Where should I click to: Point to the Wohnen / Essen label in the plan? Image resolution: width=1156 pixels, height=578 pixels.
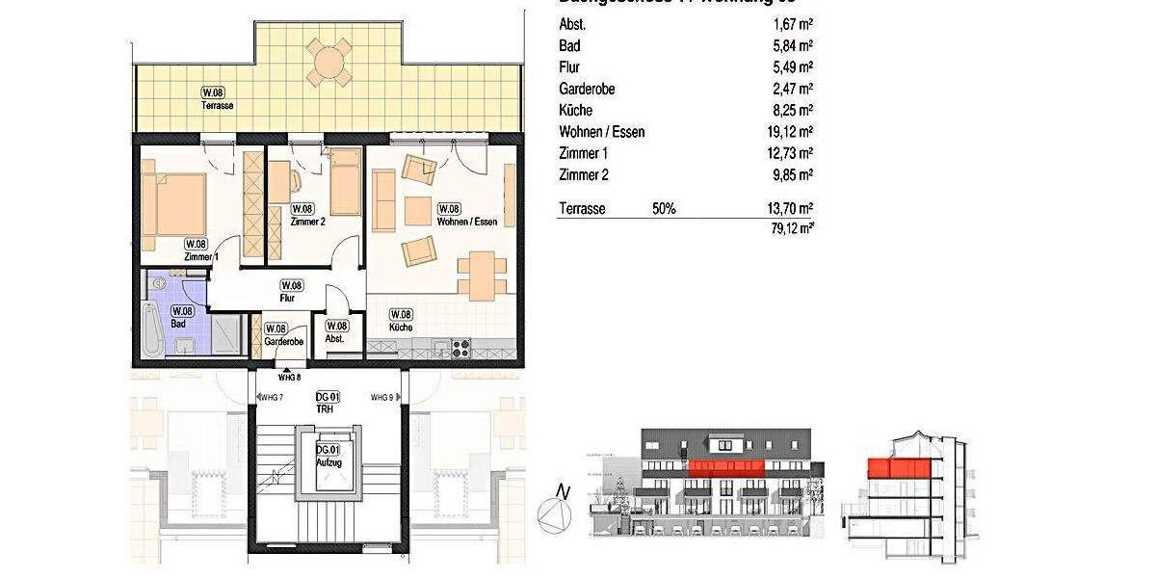coord(467,222)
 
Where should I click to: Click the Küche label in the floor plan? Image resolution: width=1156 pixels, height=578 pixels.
coord(402,328)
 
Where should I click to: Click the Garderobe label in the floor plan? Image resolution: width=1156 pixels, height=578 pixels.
coord(283,341)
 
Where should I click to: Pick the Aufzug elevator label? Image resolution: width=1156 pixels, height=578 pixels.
coord(328,463)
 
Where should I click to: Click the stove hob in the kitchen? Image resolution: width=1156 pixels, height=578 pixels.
coord(459,346)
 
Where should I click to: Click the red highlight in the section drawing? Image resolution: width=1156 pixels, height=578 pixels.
coord(902,468)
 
